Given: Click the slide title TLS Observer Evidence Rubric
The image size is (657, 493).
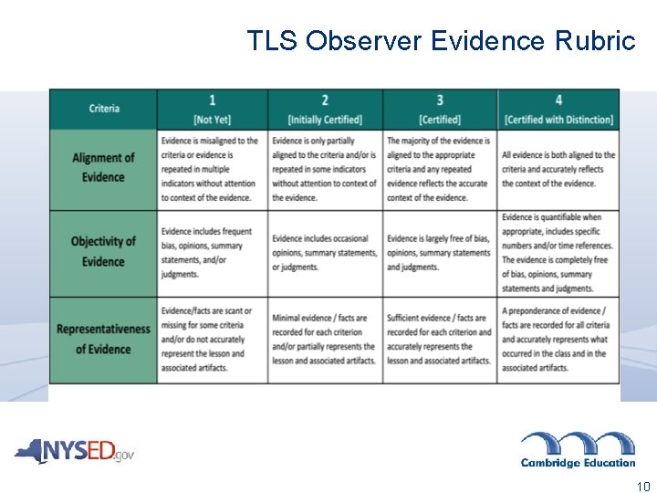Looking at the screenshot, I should click(441, 41).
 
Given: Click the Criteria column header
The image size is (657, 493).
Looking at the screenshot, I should click(104, 109).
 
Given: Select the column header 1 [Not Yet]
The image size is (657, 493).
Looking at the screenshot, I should click(212, 110).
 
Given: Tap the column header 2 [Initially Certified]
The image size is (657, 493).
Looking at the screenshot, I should click(325, 110).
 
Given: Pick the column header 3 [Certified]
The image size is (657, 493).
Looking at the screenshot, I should click(440, 110).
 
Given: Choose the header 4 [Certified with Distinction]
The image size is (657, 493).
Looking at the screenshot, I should click(558, 110).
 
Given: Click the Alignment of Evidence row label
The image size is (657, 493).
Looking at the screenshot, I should click(103, 168).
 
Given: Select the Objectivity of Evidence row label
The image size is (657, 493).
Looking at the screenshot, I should click(103, 252).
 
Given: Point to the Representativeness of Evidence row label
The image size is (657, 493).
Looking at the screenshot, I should click(103, 339).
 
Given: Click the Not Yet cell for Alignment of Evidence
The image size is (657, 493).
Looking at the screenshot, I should click(212, 169).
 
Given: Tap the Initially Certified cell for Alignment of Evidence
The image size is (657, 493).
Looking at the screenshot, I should click(325, 169).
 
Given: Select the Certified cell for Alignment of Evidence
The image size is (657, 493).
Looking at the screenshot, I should click(440, 169).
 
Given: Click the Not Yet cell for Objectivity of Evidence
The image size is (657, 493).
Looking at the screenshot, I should click(212, 253).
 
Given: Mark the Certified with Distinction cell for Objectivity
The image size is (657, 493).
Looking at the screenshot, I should click(558, 253).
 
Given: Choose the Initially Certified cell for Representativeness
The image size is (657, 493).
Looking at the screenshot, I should click(325, 339).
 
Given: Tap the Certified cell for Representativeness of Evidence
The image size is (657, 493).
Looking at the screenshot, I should click(440, 339).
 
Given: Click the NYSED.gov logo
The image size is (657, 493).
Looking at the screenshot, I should click(74, 451).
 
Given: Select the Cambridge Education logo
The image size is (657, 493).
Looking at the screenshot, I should click(578, 449).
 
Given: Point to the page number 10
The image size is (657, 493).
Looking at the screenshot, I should click(643, 487).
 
